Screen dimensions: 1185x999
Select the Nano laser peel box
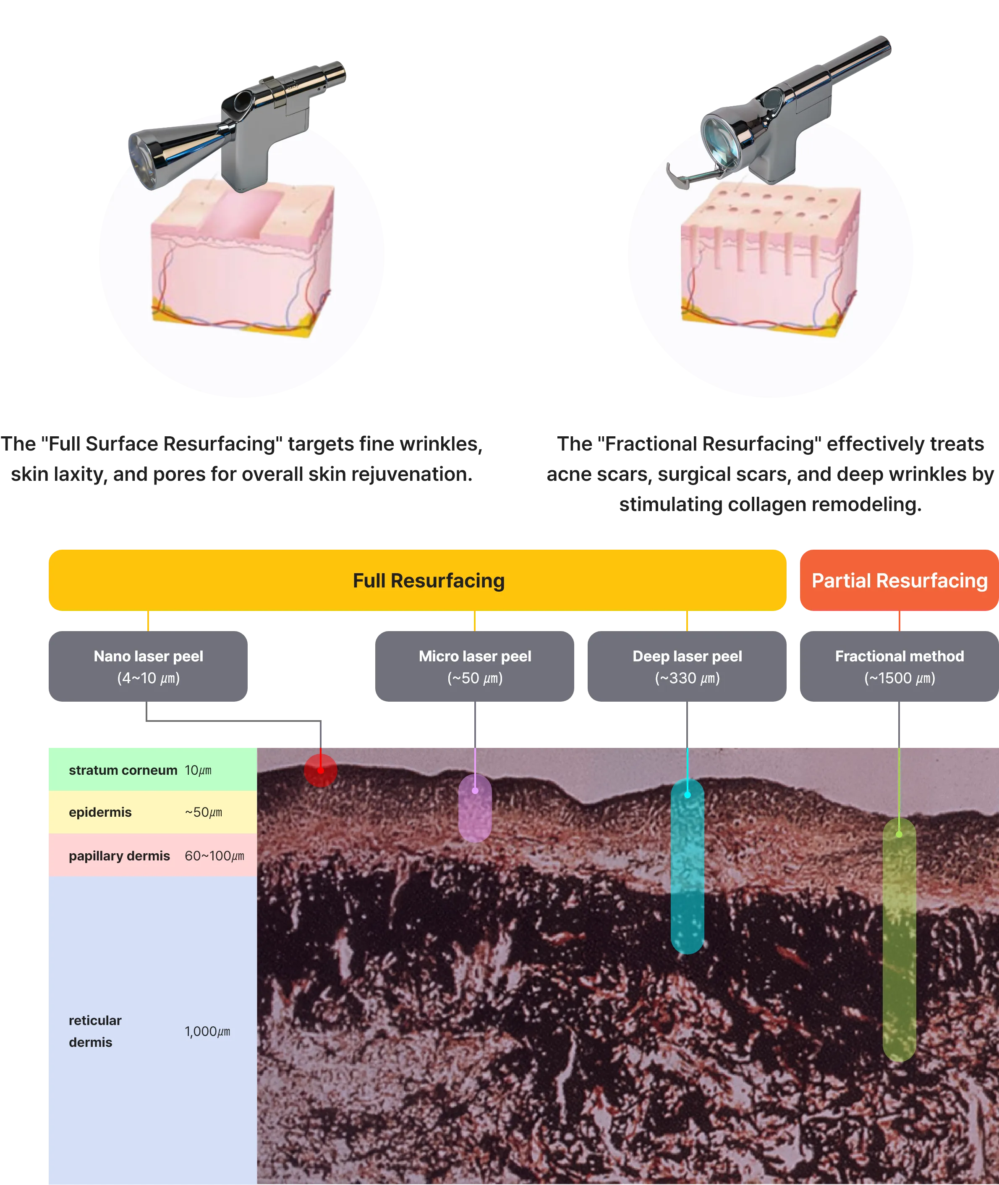tap(148, 666)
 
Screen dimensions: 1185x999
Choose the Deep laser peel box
tap(687, 666)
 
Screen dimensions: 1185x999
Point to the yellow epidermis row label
tap(100, 812)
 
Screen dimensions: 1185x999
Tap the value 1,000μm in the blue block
tap(207, 1031)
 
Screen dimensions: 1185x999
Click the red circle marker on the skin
tap(321, 770)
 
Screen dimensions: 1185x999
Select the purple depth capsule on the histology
tap(475, 808)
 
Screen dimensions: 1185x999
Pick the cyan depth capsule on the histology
tap(687, 867)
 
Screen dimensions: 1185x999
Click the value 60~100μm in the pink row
tap(214, 855)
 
